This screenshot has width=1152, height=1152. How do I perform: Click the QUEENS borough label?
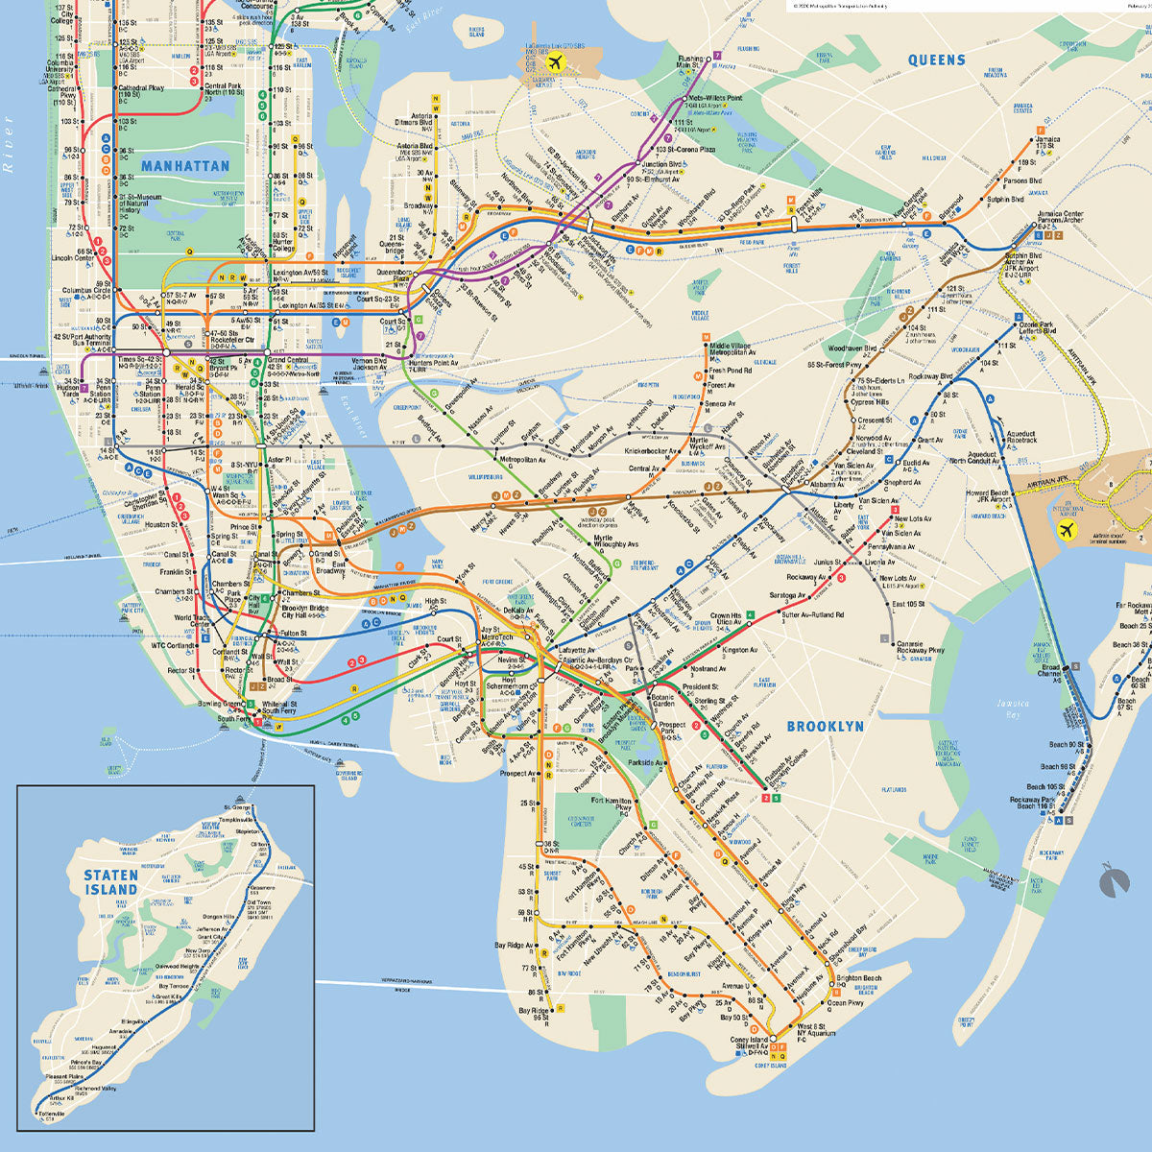tap(936, 60)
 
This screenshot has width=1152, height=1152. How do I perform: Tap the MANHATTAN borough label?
tap(185, 166)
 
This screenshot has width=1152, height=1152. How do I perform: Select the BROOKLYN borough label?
tap(825, 727)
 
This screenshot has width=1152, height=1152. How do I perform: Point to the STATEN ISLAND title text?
tap(110, 882)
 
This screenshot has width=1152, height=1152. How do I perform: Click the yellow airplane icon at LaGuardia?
tap(553, 62)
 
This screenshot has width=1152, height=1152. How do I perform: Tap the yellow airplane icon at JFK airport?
tap(1065, 530)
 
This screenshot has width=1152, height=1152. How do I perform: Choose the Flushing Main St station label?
tap(690, 62)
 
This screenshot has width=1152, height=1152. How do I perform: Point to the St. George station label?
tap(236, 807)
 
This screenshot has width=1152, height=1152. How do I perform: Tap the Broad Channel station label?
tap(1051, 670)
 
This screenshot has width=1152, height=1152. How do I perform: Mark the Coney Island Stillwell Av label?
tap(751, 1044)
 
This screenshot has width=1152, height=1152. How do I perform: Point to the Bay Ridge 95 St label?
tap(535, 1013)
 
